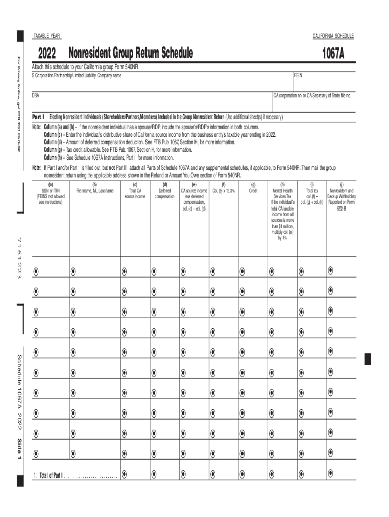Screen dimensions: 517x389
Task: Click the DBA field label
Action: pyautogui.click(x=36, y=95)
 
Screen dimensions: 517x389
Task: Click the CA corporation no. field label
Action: pyautogui.click(x=312, y=95)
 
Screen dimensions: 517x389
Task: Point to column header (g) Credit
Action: pyautogui.click(x=253, y=188)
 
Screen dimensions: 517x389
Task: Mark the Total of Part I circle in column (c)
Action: pyautogui.click(x=124, y=474)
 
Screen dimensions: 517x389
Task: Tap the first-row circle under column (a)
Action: pyautogui.click(x=36, y=271)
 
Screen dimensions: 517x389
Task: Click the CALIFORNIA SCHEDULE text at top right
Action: pyautogui.click(x=333, y=36)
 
